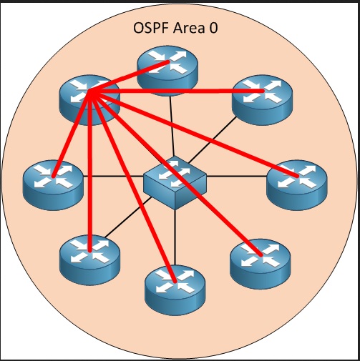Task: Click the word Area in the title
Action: click(x=189, y=28)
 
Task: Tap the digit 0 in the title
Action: click(x=213, y=28)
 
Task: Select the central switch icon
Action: click(x=175, y=183)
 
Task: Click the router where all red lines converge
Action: click(x=89, y=100)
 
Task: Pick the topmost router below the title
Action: click(x=167, y=71)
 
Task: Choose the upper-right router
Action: click(x=262, y=100)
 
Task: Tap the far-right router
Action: click(x=297, y=185)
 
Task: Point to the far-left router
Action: click(x=53, y=185)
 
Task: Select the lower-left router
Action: click(x=89, y=260)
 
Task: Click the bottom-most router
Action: click(x=175, y=290)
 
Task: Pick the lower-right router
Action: click(x=261, y=264)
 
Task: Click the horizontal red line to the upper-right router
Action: click(x=177, y=91)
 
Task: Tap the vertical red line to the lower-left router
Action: click(x=89, y=171)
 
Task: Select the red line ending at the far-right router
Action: click(x=194, y=134)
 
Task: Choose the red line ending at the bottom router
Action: click(x=132, y=187)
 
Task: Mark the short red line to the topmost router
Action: click(x=129, y=76)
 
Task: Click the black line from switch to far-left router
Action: click(x=113, y=177)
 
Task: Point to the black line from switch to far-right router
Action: click(x=237, y=177)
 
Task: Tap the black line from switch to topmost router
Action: click(x=172, y=127)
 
